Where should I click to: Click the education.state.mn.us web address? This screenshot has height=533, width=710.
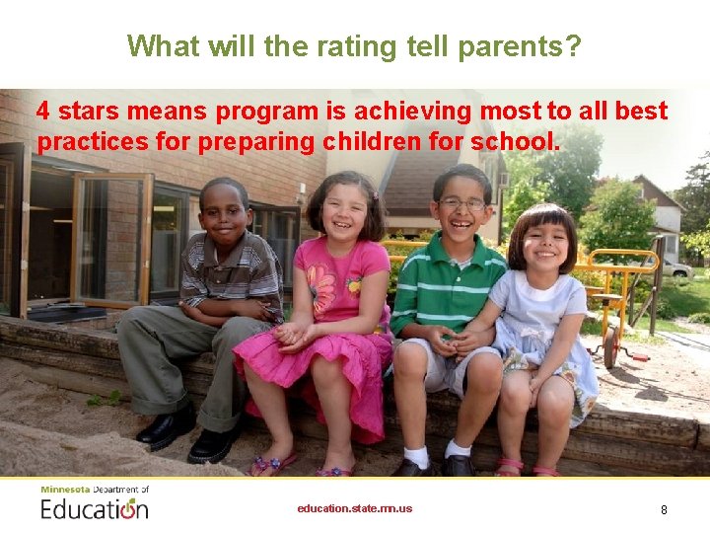coord(355,509)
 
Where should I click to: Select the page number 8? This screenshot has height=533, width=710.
coord(664,510)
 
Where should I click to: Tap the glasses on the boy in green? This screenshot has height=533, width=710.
coord(461,204)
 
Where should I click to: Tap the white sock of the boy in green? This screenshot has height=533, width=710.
coord(418,456)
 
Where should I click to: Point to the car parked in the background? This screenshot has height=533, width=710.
coord(675,268)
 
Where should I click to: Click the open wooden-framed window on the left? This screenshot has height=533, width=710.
coord(109,240)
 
